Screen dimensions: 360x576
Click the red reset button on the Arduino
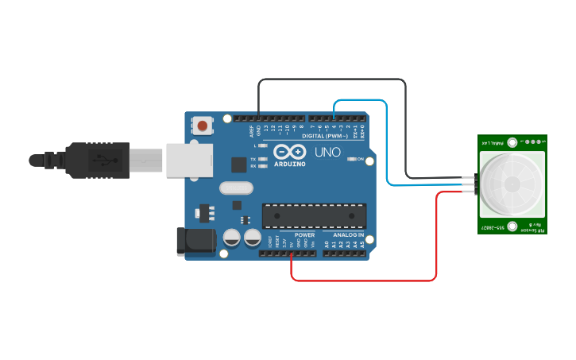coord(204,126)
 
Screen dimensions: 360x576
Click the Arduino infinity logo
coord(289,151)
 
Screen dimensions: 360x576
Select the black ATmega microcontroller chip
coord(314,215)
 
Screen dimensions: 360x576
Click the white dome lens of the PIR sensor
coord(512,184)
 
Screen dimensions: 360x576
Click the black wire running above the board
coord(334,80)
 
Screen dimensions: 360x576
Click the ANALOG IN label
coord(349,235)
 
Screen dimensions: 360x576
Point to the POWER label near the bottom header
coord(304,235)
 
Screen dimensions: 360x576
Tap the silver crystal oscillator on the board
coord(234,188)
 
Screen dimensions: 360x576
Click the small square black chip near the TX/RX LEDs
coord(238,165)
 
